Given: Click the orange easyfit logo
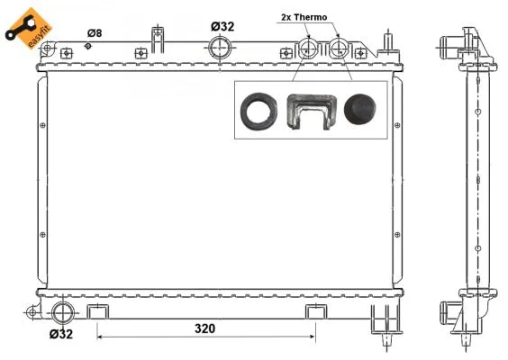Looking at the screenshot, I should click(x=23, y=25).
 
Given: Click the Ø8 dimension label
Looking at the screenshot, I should click(x=94, y=33).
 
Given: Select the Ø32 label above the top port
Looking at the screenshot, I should click(x=222, y=26).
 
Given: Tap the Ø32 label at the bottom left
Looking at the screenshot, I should click(x=61, y=334).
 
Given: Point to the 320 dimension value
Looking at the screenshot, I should click(x=205, y=328).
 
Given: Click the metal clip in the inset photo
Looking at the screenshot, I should click(x=309, y=112).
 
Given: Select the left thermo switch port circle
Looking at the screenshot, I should click(x=309, y=48).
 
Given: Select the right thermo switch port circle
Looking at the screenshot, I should click(x=340, y=48).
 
